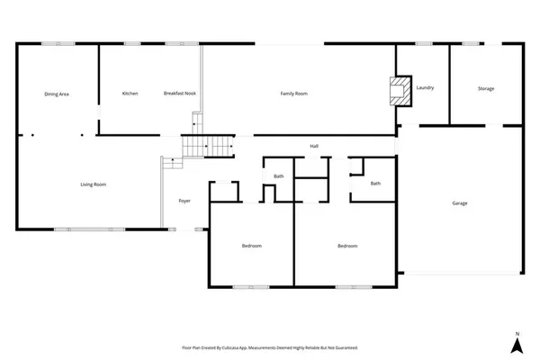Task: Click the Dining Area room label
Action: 58,94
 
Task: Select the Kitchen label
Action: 130,94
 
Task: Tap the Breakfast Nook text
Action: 180,94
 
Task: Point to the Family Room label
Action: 294,94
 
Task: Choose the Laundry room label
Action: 426,87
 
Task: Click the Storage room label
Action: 486,87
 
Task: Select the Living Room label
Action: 94,184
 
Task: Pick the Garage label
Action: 459,202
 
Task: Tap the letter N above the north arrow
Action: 517,334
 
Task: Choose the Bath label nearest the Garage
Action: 375,184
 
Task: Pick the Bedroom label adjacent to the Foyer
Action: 251,246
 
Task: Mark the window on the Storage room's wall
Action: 490,42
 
